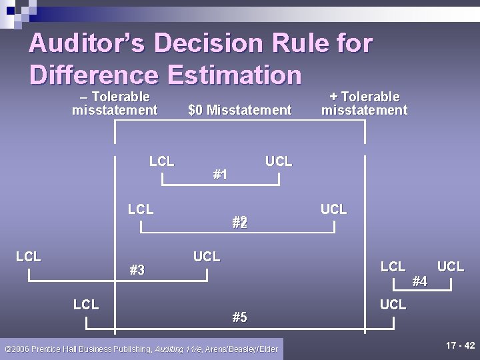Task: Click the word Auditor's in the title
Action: (87, 44)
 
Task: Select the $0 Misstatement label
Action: (240, 110)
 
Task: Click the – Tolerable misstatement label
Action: (115, 104)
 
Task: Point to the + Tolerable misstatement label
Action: (364, 104)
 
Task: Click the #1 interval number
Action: (220, 175)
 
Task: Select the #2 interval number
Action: (240, 223)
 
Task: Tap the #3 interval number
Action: (137, 270)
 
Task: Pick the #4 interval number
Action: (419, 281)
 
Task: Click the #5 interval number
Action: (239, 317)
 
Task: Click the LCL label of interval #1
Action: (161, 161)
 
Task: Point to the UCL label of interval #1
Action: (279, 161)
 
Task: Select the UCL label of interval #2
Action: (333, 209)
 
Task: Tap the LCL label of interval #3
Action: (29, 257)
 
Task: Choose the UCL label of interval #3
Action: (207, 257)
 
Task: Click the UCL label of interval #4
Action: (451, 267)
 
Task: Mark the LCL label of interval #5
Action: (86, 305)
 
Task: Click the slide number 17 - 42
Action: (460, 345)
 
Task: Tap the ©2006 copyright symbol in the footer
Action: (7, 349)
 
